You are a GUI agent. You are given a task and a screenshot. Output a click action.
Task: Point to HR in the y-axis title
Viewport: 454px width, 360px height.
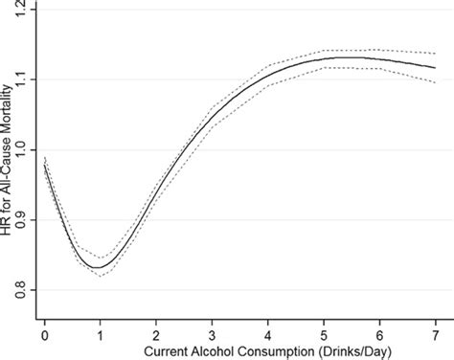pyautogui.click(x=7, y=231)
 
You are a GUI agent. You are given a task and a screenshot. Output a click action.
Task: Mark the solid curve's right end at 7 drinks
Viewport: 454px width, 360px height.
pyautogui.click(x=435, y=68)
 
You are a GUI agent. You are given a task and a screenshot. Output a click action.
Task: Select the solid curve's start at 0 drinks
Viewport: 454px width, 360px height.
pyautogui.click(x=45, y=164)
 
